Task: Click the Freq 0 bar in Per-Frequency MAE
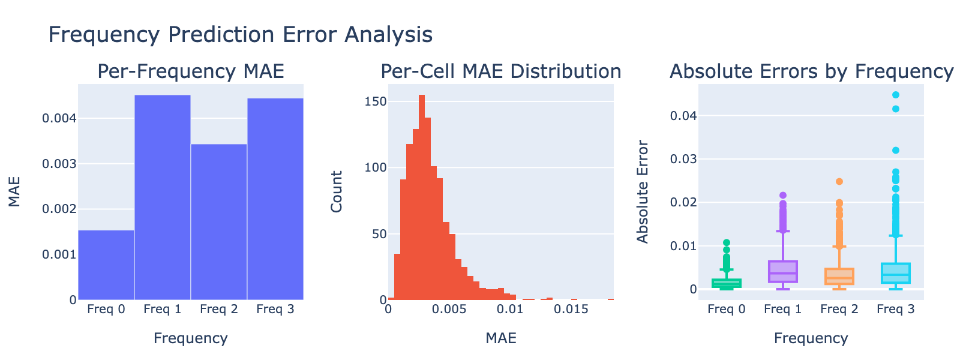point(106,265)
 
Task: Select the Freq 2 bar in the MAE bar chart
point(218,222)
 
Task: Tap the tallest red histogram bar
point(422,197)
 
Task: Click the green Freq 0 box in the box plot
point(727,283)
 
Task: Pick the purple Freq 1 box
point(783,271)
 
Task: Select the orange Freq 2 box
point(839,277)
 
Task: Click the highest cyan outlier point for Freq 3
point(896,95)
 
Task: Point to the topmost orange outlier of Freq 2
point(839,181)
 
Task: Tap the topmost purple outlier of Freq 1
point(783,196)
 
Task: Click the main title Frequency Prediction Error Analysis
point(241,34)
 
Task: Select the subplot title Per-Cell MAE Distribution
point(501,71)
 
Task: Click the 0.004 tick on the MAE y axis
point(59,118)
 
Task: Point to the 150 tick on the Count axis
point(376,101)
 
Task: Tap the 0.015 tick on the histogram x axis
point(571,309)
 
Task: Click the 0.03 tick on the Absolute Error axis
point(683,159)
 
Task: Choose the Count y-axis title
point(337,191)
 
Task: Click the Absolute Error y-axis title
point(643,191)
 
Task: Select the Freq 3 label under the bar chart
point(275,309)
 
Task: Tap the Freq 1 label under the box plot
point(783,309)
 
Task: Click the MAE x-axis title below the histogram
point(501,338)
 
